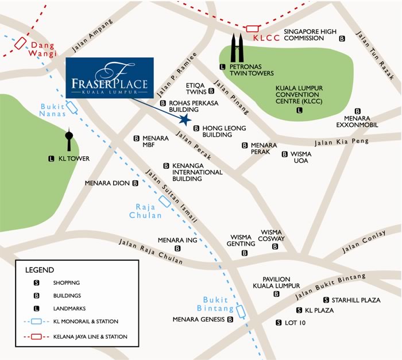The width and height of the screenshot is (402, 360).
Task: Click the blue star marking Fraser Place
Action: tap(185, 120)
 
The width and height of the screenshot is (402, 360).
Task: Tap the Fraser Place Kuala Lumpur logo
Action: tap(110, 78)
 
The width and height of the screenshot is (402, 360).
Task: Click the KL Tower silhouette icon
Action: tap(68, 141)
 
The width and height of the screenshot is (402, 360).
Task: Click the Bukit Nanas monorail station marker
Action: tap(72, 106)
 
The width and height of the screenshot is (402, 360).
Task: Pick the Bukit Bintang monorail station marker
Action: tap(241, 311)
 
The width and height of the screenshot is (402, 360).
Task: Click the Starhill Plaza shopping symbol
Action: tap(326, 300)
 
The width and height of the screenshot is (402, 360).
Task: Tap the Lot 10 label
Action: tap(296, 323)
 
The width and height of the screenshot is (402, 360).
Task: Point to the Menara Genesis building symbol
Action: tap(230, 320)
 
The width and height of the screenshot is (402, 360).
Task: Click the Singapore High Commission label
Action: tap(310, 35)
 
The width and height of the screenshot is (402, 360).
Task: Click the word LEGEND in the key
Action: tap(40, 270)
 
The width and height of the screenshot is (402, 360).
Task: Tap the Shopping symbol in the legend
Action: tap(37, 283)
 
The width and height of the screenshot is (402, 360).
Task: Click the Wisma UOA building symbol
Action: tap(285, 154)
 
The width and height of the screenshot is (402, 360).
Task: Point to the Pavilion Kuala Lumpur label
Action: tap(276, 282)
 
